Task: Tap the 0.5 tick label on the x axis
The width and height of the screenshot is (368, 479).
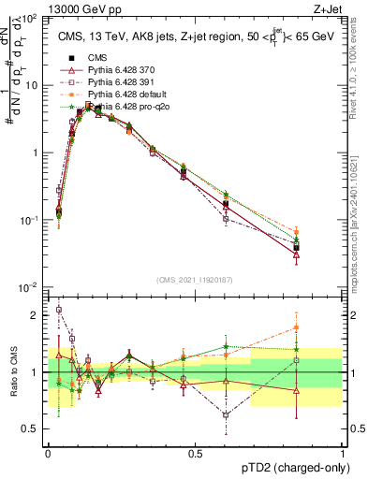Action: [x=195, y=452]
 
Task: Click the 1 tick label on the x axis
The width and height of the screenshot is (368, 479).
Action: [x=343, y=452]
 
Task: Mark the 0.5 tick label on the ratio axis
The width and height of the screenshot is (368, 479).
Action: [x=32, y=428]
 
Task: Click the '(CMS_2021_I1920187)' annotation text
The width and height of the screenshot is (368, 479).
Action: [x=194, y=280]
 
